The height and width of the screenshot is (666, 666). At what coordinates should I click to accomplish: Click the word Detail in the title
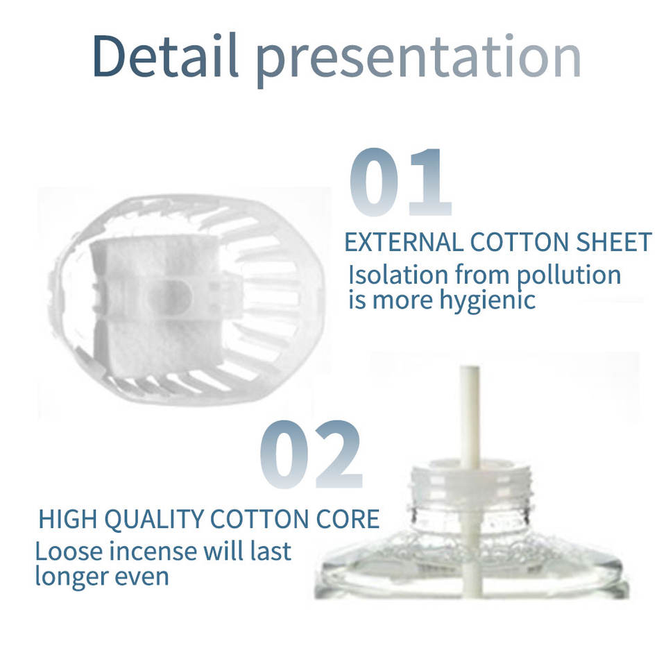165,56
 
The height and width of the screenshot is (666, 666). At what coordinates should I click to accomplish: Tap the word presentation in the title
418,60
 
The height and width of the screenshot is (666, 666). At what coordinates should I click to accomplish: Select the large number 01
400,182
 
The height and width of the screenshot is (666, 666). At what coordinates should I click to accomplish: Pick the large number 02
311,454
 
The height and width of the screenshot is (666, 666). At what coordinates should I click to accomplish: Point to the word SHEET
613,242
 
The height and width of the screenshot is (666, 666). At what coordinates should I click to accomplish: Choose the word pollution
569,277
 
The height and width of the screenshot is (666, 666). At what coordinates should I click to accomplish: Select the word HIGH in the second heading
68,519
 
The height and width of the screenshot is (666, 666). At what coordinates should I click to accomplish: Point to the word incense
155,552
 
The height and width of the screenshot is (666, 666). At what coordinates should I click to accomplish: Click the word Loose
69,552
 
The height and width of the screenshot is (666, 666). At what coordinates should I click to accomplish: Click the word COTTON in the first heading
519,242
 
